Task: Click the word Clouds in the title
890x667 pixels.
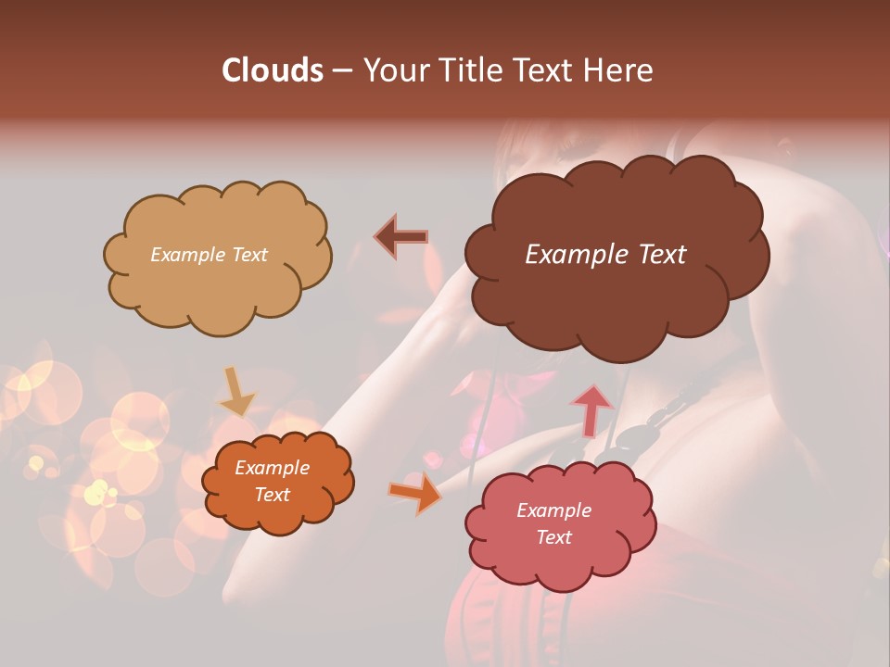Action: tap(272, 70)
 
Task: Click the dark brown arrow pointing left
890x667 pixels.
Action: tap(401, 237)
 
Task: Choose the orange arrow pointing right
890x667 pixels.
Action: tap(414, 494)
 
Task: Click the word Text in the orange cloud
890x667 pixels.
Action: tap(273, 495)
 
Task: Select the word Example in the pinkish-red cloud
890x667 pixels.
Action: tap(553, 510)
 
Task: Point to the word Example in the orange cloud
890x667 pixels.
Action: tap(273, 468)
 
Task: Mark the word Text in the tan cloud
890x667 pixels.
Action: tap(250, 255)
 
